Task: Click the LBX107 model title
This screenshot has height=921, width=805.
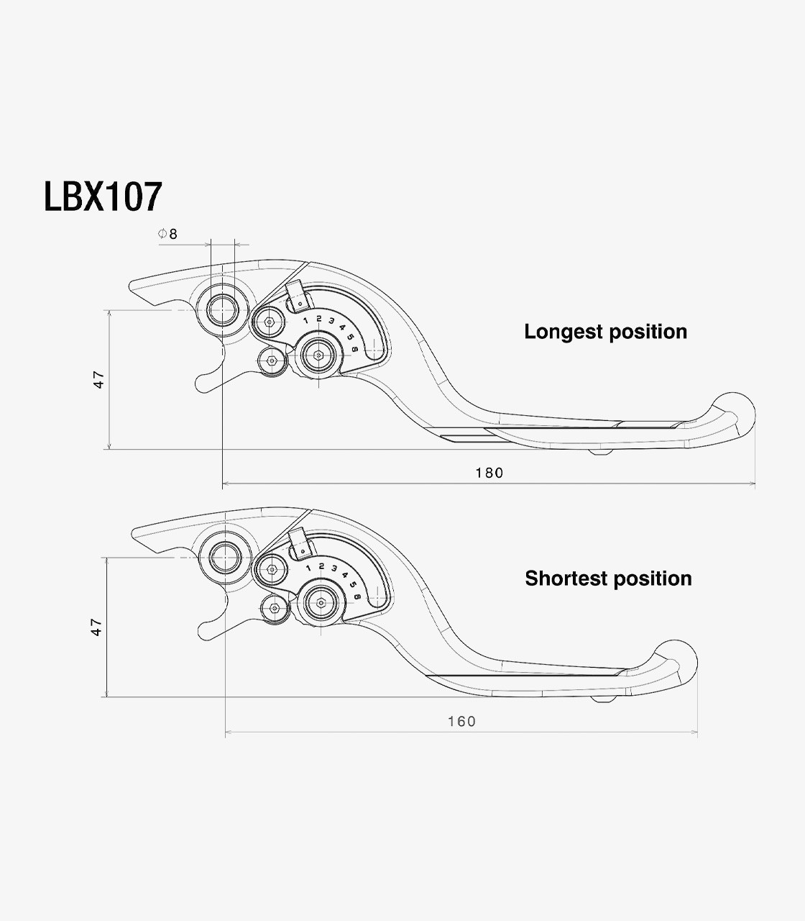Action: (103, 196)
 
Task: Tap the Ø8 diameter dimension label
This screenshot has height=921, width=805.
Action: (167, 234)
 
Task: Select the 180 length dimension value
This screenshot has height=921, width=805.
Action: (489, 473)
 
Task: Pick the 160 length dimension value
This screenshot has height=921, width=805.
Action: (461, 721)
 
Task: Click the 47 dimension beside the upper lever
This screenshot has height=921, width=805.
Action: (99, 379)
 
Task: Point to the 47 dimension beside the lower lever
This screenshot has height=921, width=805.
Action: (97, 627)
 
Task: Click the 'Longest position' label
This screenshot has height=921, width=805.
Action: (605, 332)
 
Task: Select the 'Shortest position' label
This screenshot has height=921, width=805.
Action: (608, 579)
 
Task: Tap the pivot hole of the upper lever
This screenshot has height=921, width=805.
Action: (222, 311)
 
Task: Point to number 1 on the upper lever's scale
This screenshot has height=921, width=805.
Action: (305, 319)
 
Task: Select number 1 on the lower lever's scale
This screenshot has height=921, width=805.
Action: (308, 568)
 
